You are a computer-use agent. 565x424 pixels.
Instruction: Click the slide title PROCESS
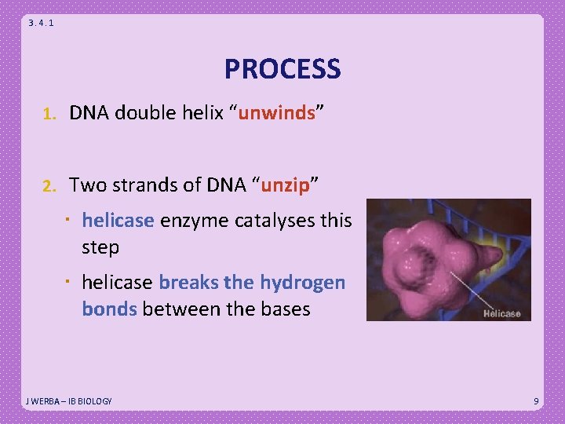coord(282,69)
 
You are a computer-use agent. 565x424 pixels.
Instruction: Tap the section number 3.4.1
coord(41,23)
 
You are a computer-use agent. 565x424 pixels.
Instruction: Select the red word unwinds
coord(276,113)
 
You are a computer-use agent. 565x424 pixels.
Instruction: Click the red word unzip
coord(286,185)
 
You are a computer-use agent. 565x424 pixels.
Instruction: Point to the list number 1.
coord(48,114)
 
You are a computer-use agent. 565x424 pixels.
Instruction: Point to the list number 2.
coord(48,186)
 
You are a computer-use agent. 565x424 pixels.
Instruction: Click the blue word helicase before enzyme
coord(118,221)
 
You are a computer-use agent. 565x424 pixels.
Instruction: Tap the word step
coord(100,248)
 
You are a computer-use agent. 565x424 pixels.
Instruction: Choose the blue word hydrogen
coord(302,283)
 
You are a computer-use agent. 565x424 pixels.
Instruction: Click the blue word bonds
coord(109,309)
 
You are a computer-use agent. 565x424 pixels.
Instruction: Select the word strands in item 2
coord(137,185)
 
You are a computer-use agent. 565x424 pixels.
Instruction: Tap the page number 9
coord(536,401)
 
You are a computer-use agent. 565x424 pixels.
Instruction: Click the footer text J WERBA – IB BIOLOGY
coord(69,401)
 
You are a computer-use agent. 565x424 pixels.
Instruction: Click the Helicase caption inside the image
coord(501,314)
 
